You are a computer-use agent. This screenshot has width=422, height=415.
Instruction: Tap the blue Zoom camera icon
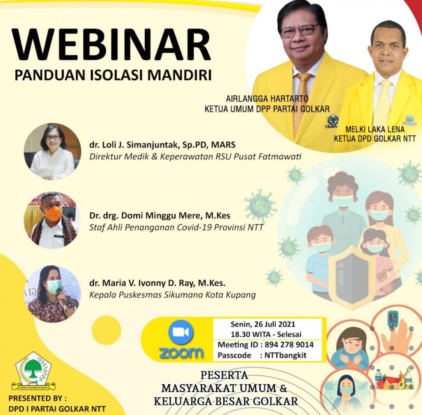tap(181, 333)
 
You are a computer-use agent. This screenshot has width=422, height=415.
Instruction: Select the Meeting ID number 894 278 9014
tap(289, 345)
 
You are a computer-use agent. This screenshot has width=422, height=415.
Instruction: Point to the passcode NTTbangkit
tap(285, 355)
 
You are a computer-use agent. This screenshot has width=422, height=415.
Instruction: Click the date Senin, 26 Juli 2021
tap(263, 324)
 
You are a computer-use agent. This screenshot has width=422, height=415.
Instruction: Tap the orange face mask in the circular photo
tap(53, 213)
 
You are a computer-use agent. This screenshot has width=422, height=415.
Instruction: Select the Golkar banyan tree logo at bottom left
tap(33, 371)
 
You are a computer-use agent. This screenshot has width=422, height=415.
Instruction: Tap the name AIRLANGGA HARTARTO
tap(267, 99)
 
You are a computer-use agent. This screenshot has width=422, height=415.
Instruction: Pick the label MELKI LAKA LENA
tap(375, 129)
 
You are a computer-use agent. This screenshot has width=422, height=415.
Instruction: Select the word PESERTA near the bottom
tap(224, 375)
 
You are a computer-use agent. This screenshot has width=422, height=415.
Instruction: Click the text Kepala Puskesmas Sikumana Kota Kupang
tap(173, 295)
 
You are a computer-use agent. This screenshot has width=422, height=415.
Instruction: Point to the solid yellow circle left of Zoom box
tap(106, 330)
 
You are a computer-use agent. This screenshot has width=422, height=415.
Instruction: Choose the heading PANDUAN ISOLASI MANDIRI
tap(113, 75)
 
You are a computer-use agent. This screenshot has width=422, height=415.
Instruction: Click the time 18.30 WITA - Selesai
tap(266, 334)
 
